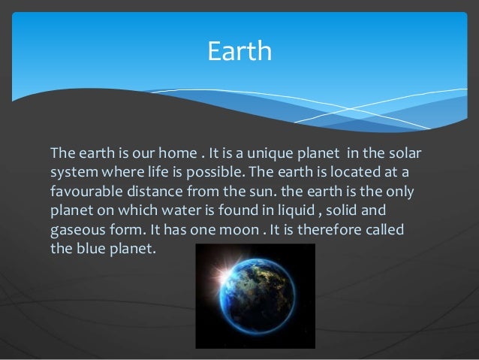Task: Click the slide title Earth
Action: [239, 52]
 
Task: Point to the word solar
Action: [405, 154]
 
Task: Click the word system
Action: [71, 173]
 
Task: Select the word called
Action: [384, 229]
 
